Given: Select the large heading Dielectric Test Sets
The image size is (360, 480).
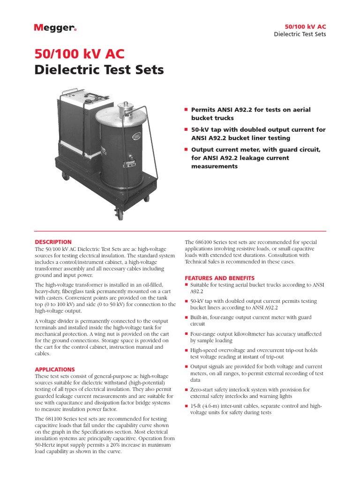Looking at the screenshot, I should coord(99,70).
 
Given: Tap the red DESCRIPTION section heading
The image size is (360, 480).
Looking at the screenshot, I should coord(53,242).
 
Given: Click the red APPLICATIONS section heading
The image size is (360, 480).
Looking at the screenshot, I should coord(55,369).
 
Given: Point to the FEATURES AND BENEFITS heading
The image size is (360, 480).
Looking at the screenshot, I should coord(220,278).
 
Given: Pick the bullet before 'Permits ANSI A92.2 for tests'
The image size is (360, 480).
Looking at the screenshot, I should coord(186,110).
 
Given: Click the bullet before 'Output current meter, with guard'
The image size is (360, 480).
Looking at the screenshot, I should coord(186,150).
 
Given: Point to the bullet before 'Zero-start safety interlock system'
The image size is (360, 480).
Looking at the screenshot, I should coord(187,390).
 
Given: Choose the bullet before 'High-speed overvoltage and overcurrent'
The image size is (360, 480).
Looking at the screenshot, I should coord(187,350).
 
